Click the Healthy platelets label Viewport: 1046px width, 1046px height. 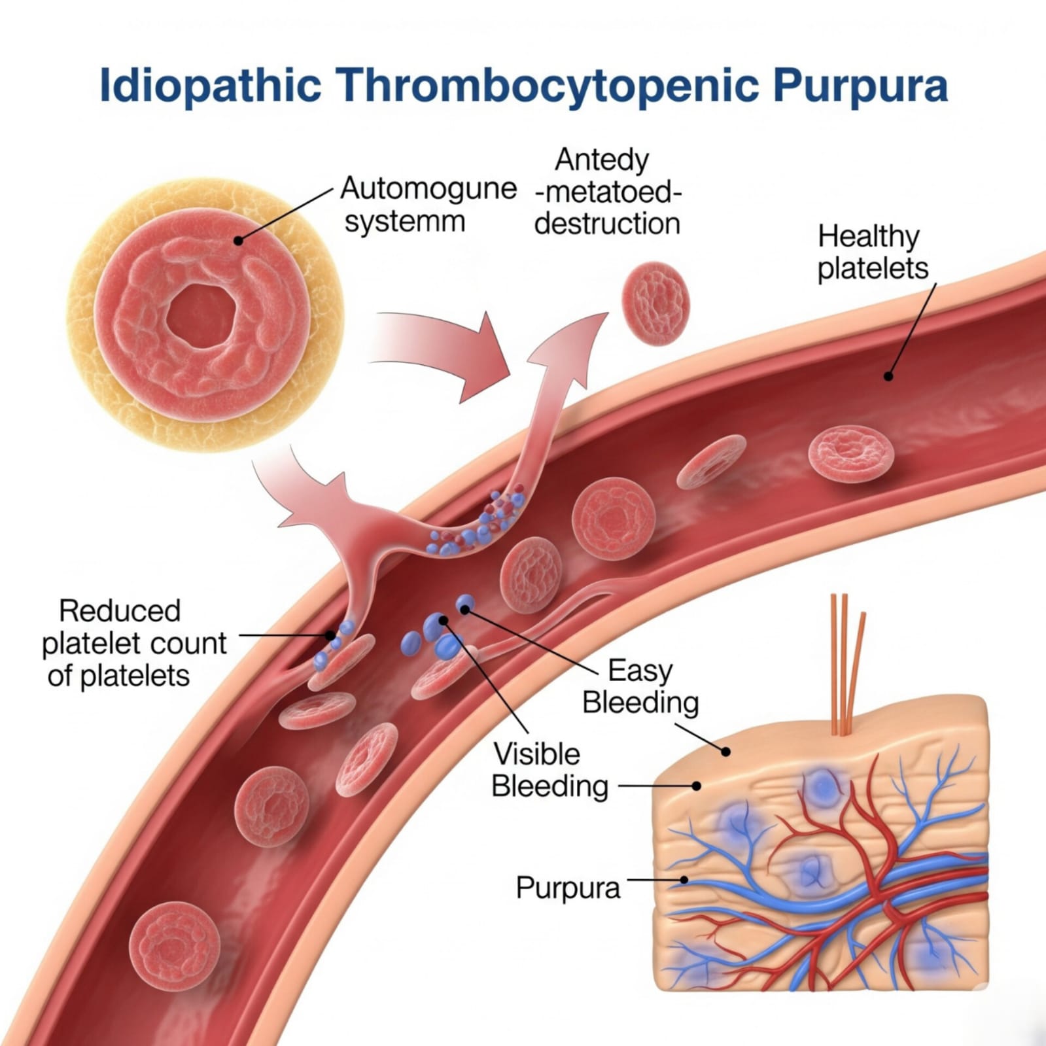point(872,253)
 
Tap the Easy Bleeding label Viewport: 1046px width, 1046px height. point(640,686)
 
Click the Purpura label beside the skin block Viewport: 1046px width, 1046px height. point(568,888)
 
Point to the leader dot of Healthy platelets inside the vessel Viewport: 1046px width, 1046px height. point(888,376)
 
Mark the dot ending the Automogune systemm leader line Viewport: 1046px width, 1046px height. point(239,241)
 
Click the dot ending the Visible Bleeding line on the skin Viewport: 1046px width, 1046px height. point(697,786)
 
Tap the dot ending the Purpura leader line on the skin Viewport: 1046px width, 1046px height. point(684,880)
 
